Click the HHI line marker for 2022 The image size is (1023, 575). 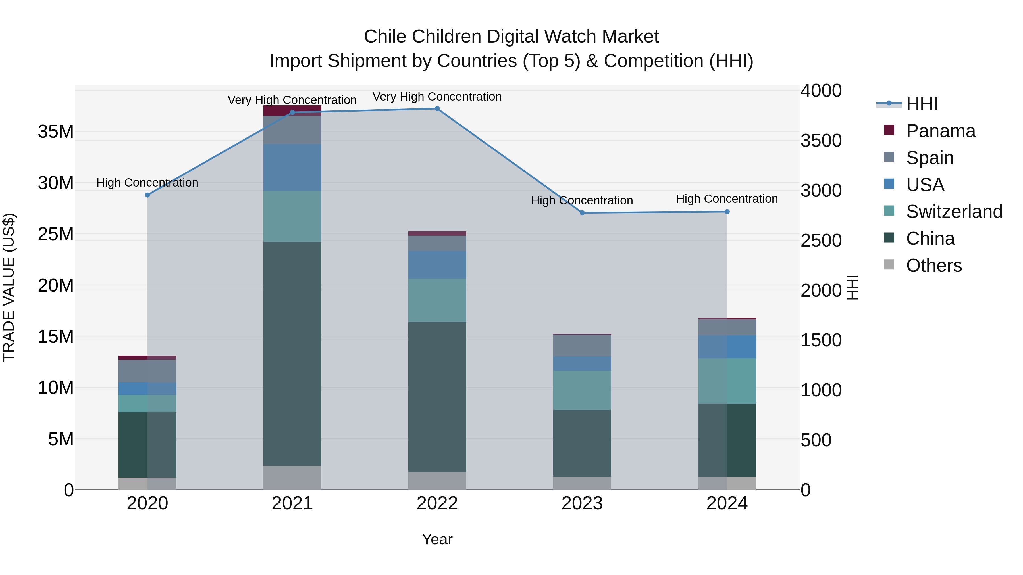click(437, 109)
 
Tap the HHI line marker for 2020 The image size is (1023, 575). click(147, 195)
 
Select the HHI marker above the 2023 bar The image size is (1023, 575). click(582, 213)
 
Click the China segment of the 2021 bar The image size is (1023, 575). click(292, 353)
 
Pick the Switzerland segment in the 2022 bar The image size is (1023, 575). click(437, 300)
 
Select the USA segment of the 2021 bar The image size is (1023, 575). click(292, 168)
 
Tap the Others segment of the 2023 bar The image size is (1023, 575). click(582, 483)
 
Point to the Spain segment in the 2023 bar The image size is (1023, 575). click(582, 345)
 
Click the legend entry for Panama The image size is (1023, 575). click(940, 131)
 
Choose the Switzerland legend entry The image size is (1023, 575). click(954, 212)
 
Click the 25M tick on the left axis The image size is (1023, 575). click(56, 234)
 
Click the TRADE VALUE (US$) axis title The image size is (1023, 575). click(9, 287)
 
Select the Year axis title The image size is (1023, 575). click(437, 539)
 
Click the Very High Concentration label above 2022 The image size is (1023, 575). click(437, 97)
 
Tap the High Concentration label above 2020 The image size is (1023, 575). click(147, 183)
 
